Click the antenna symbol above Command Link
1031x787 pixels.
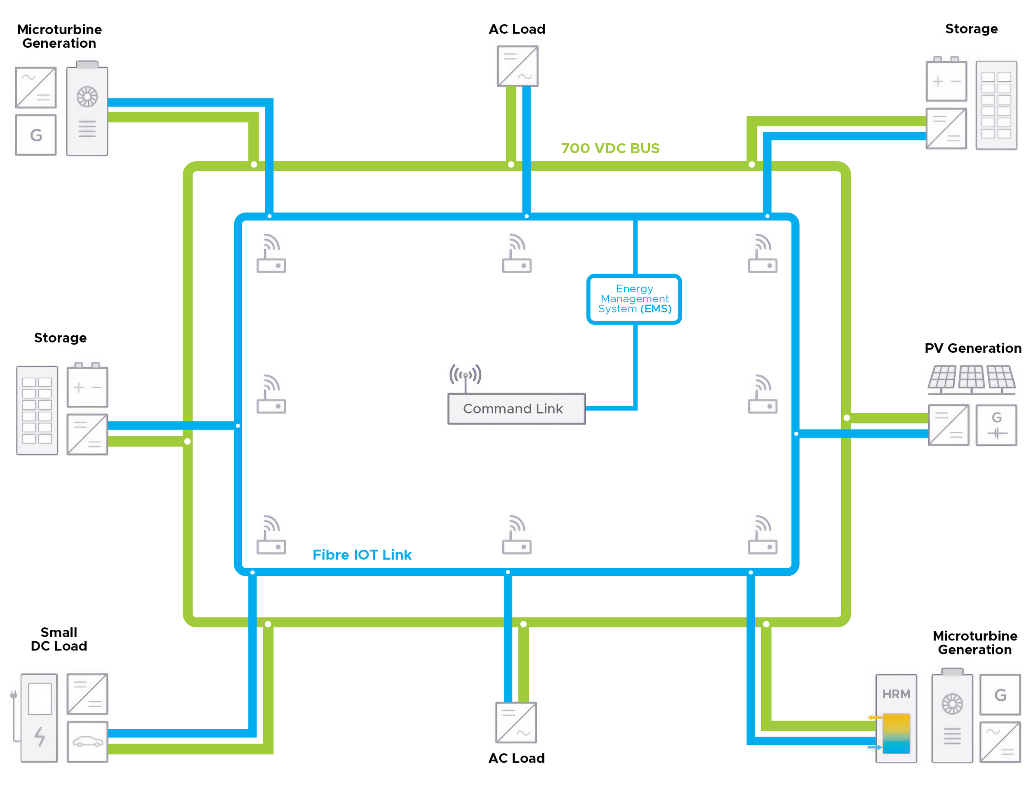pos(464,376)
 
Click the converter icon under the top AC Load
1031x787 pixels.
pos(517,66)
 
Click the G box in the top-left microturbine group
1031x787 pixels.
pos(35,135)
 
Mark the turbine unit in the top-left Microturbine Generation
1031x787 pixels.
pos(87,108)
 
